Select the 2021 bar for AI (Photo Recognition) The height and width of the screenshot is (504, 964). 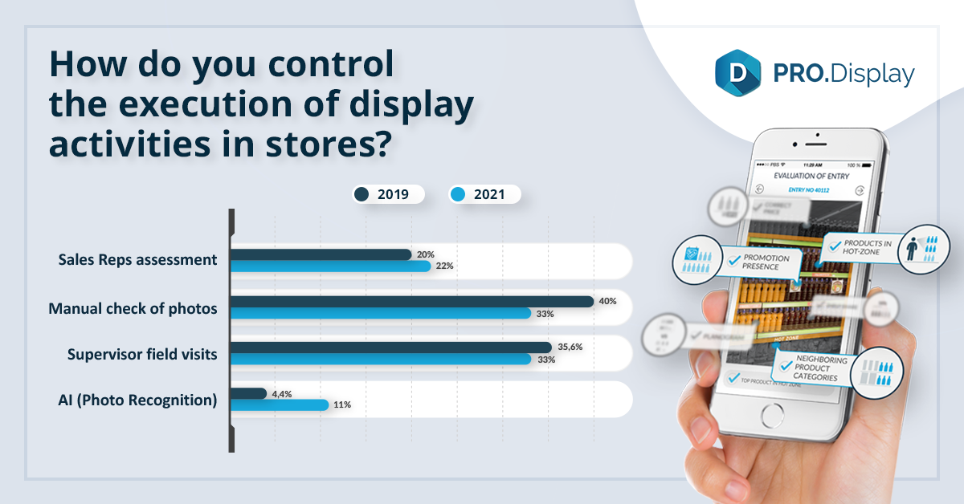[x=280, y=405]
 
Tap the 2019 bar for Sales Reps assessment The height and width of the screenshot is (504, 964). [x=321, y=254]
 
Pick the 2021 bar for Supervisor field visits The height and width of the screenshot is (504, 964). [x=381, y=359]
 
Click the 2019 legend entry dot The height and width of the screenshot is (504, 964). [x=361, y=194]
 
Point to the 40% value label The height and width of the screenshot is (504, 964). [x=608, y=302]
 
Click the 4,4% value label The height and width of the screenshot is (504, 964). [x=283, y=393]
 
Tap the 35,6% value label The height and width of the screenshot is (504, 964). [x=570, y=348]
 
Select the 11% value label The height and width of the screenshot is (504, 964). [x=342, y=405]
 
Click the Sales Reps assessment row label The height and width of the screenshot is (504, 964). [x=137, y=260]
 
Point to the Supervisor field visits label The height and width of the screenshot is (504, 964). [x=142, y=354]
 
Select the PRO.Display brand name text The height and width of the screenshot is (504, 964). [x=840, y=74]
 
